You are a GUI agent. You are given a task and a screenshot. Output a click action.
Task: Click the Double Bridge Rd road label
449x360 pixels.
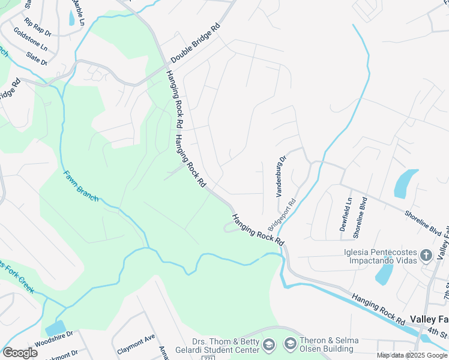point(196,44)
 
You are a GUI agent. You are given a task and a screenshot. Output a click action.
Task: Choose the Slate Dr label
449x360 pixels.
point(36,58)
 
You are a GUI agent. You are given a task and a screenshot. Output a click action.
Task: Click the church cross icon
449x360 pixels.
point(426,255)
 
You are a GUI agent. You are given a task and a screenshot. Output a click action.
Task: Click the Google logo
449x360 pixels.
point(20,353)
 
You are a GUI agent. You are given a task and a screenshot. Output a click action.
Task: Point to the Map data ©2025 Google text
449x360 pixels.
point(412,355)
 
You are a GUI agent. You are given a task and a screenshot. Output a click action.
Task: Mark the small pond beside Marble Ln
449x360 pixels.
point(72,18)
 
